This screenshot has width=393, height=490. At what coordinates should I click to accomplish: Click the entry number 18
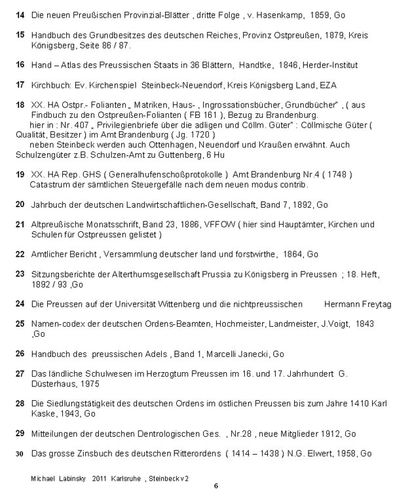click(x=20, y=104)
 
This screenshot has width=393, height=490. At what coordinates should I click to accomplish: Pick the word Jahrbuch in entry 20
click(x=48, y=204)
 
